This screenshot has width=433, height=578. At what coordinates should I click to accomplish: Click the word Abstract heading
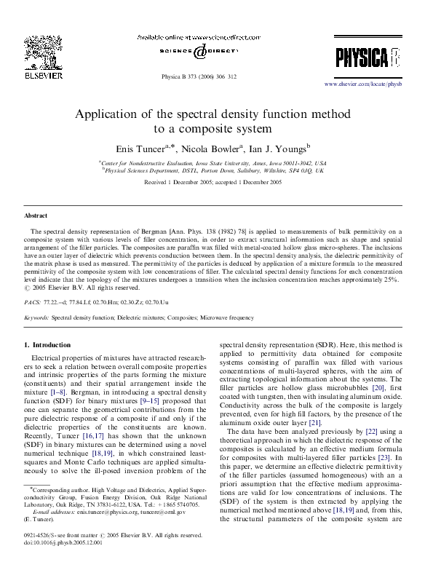coord(36,216)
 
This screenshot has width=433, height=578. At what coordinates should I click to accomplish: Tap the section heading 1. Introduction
coord(48,344)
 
